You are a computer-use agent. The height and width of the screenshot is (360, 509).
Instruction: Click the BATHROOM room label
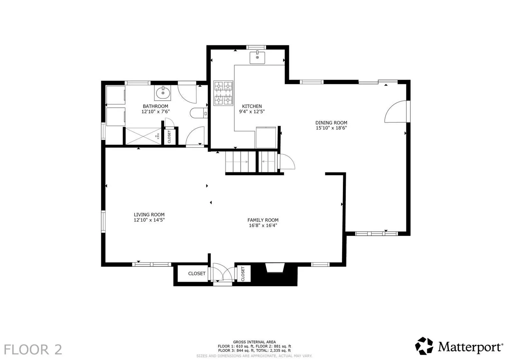155,106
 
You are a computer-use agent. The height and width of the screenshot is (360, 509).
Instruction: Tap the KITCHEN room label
252,106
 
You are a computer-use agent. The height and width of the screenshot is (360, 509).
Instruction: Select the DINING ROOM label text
331,123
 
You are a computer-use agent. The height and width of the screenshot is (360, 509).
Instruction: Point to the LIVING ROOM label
149,215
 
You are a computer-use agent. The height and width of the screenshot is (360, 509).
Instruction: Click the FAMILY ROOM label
263,220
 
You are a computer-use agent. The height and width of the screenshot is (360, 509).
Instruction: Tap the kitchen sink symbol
257,57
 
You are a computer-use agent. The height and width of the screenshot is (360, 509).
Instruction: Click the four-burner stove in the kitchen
223,93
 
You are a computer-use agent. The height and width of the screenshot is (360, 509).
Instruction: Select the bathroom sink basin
163,93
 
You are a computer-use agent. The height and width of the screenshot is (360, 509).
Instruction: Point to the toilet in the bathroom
199,113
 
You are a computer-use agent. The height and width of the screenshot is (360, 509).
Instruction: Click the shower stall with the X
143,136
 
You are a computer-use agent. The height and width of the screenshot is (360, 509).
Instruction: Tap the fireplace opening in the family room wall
275,268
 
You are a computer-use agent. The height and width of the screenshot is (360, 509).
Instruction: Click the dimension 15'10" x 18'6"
331,128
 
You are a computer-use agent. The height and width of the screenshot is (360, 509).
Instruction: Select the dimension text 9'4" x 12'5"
252,112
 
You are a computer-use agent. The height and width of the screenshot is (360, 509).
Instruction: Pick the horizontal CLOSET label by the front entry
197,274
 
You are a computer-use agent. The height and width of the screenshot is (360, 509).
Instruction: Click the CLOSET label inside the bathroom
169,137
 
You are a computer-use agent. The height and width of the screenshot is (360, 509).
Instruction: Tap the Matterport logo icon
424,346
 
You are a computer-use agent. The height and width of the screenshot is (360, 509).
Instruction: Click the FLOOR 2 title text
33,350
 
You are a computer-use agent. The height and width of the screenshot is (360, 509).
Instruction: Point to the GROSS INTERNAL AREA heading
254,342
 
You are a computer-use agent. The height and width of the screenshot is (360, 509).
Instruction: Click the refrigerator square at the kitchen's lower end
266,137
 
